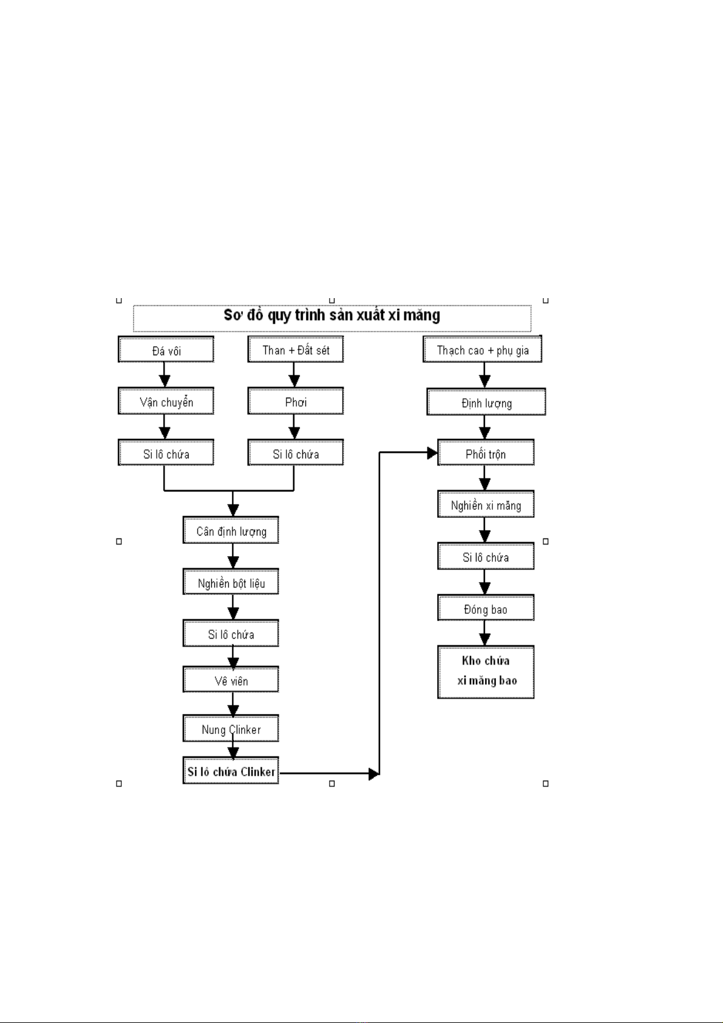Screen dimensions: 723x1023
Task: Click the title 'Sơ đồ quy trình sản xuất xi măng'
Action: point(331,315)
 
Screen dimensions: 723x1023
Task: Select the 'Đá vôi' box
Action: point(166,349)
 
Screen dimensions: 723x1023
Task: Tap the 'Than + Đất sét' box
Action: point(296,349)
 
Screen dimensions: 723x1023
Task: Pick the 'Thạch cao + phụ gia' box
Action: point(483,349)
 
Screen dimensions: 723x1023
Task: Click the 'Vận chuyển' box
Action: point(166,401)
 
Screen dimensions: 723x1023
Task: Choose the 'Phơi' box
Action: point(296,401)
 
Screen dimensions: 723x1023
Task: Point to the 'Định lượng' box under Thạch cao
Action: point(486,402)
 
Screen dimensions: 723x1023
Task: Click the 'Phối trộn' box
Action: point(486,452)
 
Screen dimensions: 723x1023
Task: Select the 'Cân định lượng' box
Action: point(231,530)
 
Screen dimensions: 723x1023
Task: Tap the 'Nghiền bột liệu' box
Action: point(231,582)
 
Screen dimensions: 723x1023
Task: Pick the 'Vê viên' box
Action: point(231,679)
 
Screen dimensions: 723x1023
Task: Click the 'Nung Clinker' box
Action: point(231,729)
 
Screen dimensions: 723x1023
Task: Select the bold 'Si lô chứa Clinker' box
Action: point(231,770)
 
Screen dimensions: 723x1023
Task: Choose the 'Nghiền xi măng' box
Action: point(486,504)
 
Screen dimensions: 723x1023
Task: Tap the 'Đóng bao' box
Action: point(486,608)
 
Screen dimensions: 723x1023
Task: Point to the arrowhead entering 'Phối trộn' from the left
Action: point(432,453)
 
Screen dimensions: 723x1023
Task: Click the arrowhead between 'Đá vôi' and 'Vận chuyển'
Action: point(165,381)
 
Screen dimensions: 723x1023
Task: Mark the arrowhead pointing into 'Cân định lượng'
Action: point(233,510)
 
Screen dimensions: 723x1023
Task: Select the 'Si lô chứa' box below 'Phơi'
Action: point(296,452)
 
